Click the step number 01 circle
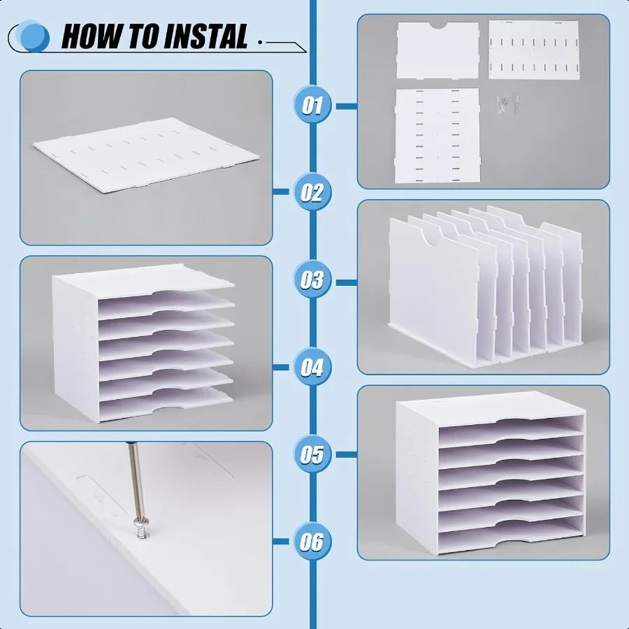pyautogui.click(x=312, y=106)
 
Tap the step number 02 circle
pyautogui.click(x=312, y=191)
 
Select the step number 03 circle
pyautogui.click(x=312, y=280)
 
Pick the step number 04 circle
pyautogui.click(x=312, y=366)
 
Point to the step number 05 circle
pyautogui.click(x=312, y=454)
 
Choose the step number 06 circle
pyautogui.click(x=312, y=541)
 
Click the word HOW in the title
pyautogui.click(x=94, y=36)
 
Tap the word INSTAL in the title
pyautogui.click(x=203, y=36)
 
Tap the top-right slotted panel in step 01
pyautogui.click(x=533, y=49)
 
